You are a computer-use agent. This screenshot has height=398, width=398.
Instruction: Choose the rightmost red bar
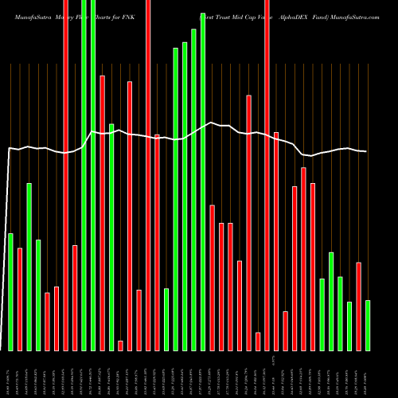click(358, 306)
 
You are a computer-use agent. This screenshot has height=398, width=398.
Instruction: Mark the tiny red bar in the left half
click(120, 345)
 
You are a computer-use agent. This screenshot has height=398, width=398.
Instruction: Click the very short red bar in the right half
click(258, 341)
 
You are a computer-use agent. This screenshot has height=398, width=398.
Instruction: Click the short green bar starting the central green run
click(166, 318)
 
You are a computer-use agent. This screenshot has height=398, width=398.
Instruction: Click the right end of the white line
click(366, 151)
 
